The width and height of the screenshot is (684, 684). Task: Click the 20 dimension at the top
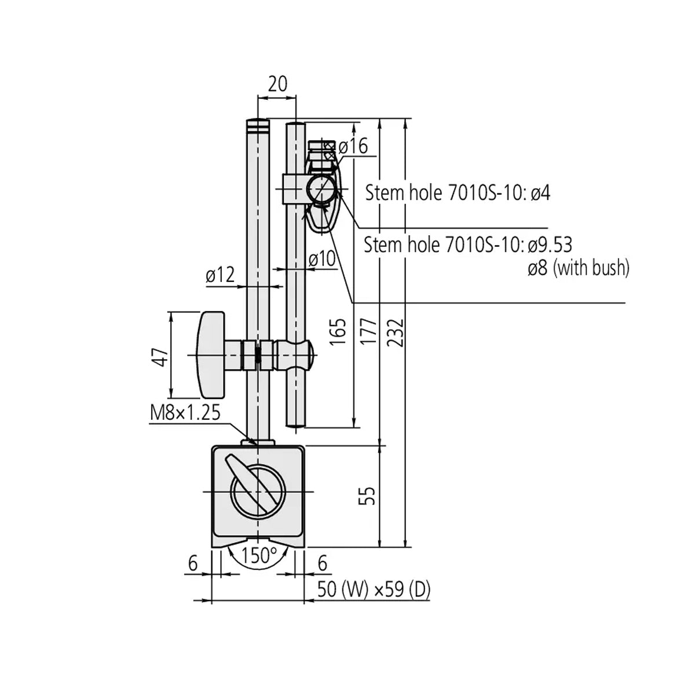coord(277,84)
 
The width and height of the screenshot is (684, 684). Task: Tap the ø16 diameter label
coord(353,147)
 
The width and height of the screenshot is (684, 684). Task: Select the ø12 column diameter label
coord(220,276)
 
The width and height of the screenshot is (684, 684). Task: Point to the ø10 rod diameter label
coord(321,259)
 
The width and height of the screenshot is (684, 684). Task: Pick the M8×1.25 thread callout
coord(185,413)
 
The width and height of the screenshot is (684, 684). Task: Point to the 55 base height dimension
coord(369,496)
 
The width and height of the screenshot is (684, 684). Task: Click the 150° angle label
coord(259,555)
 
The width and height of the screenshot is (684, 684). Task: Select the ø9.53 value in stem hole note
coord(550,245)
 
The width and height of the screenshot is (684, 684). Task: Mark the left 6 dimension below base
coord(193,562)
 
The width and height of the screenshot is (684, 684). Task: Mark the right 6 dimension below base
coord(323,562)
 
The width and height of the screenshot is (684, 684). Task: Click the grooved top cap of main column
coord(258,125)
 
